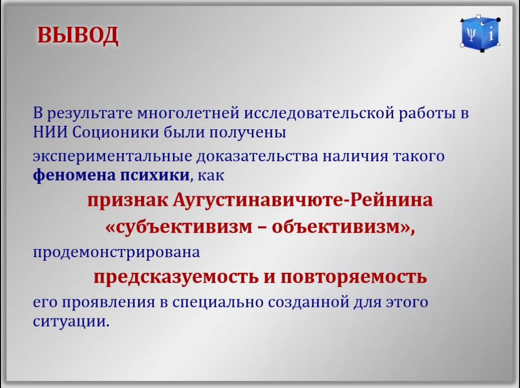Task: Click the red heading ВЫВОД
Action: click(78, 35)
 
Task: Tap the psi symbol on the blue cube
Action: click(471, 34)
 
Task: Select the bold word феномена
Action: click(74, 175)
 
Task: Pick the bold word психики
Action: click(154, 175)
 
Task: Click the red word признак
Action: click(127, 200)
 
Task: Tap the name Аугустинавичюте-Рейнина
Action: click(303, 200)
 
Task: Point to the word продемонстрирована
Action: click(116, 253)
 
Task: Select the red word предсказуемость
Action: click(176, 276)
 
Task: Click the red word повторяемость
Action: click(353, 276)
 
